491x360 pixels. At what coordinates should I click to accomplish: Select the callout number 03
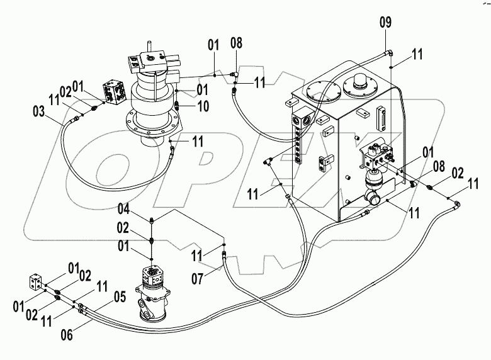click(38, 112)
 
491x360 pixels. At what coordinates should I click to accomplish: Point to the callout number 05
click(120, 295)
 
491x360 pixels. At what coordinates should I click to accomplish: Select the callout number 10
click(203, 107)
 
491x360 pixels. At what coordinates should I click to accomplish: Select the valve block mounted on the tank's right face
click(377, 154)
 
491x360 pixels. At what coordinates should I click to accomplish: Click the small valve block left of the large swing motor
click(115, 92)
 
